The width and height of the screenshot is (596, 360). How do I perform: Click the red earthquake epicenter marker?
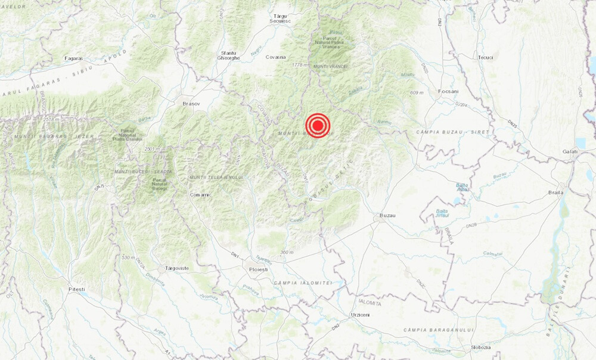coord(318,126)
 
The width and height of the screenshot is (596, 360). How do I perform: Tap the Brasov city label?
coord(191,104)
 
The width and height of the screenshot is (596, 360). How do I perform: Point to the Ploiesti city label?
coord(258,269)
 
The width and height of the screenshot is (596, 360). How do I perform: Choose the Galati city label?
coord(570,152)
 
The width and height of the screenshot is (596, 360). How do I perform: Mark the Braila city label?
coord(555,193)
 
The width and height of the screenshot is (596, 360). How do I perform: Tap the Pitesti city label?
coord(76,290)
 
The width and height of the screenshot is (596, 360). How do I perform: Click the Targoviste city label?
coord(176,268)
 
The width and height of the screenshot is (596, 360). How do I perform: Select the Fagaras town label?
coord(73,58)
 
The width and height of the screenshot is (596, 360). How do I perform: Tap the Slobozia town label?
coord(480,347)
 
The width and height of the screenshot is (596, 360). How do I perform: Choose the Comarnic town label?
coord(200,194)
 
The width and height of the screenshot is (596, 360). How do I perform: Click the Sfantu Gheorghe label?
coord(229,55)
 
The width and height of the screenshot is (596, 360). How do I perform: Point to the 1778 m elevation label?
coord(300,65)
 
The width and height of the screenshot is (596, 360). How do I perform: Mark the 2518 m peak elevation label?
coord(52,120)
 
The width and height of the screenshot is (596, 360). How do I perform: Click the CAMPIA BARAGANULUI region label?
coord(438,330)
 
